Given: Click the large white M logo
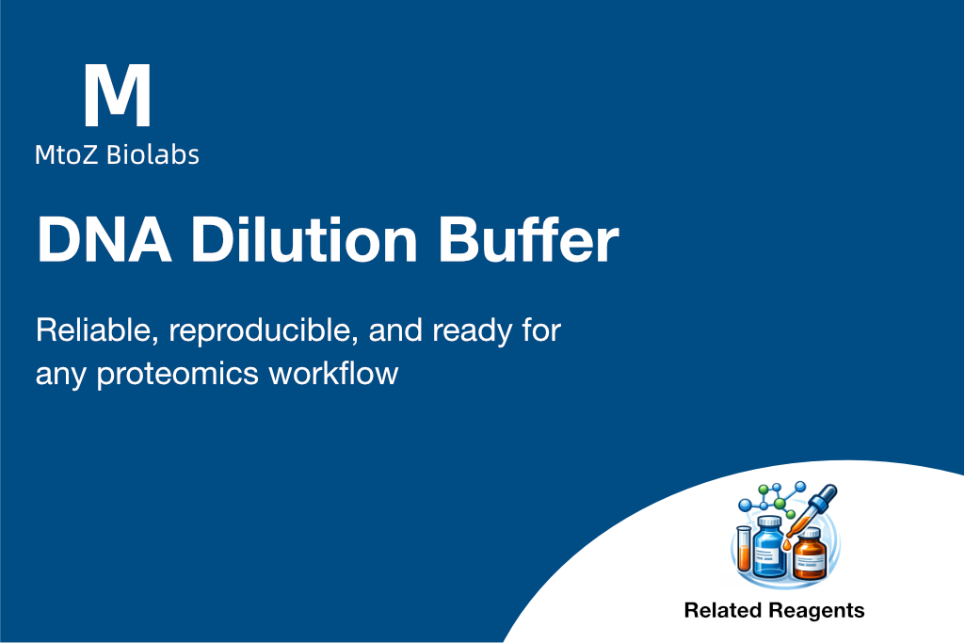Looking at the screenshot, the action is tap(117, 95).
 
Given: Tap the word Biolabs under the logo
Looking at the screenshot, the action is tap(153, 154).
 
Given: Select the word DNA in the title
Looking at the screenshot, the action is tap(105, 240).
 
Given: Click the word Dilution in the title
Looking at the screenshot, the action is tap(305, 240).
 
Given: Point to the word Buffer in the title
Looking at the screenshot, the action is tap(528, 239).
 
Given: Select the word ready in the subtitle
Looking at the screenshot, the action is tap(472, 332).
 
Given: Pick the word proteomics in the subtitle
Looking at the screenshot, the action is tap(177, 375).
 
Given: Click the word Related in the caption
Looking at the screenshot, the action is tap(723, 610).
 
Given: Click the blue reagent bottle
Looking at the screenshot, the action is tap(768, 546).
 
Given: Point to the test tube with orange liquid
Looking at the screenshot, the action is tap(744, 548).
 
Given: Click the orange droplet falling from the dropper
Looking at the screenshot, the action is tap(786, 544).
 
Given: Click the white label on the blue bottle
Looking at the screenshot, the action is tap(765, 556).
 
